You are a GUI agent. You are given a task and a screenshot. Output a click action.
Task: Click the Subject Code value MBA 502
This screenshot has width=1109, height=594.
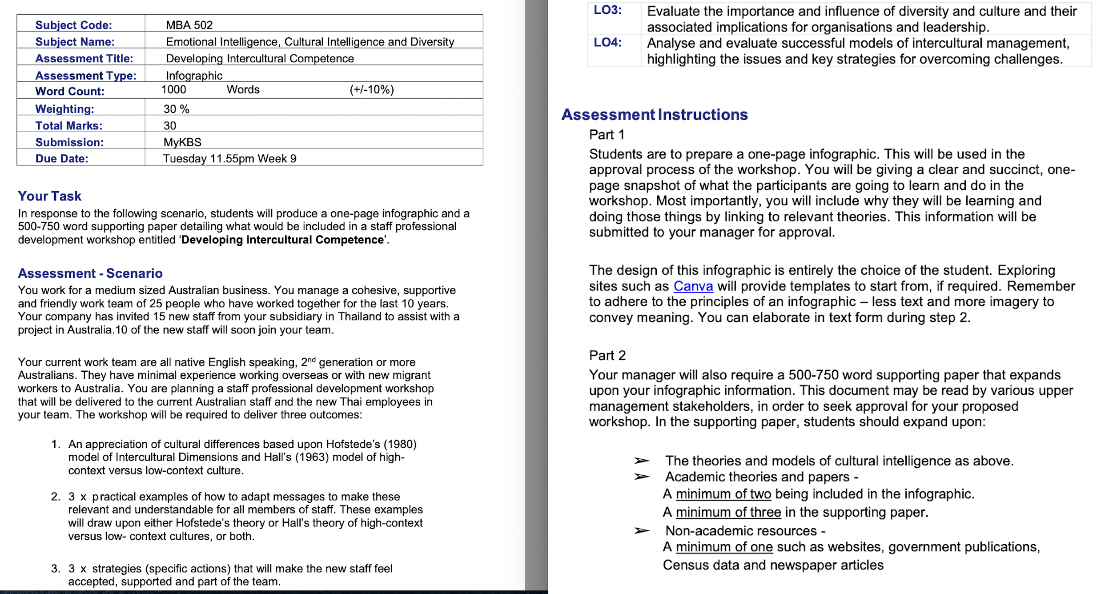click(x=189, y=25)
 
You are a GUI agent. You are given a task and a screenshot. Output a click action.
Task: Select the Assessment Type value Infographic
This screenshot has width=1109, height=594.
click(x=194, y=76)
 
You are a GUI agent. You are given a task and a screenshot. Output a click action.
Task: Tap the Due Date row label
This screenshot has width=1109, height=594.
click(x=62, y=159)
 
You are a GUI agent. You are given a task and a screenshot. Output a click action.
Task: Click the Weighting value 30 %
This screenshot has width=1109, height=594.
click(x=176, y=109)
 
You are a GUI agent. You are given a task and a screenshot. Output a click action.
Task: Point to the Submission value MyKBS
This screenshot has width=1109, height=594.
click(x=182, y=142)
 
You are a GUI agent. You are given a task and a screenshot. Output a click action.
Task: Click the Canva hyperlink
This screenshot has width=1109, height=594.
click(x=693, y=286)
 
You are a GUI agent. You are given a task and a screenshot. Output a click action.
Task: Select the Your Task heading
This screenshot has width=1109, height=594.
click(x=49, y=196)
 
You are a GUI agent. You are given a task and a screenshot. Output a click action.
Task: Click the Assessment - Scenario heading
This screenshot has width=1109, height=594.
click(x=90, y=273)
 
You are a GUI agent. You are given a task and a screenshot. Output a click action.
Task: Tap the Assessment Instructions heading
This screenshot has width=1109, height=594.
click(x=655, y=115)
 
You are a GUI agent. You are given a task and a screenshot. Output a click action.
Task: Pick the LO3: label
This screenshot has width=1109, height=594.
click(x=608, y=10)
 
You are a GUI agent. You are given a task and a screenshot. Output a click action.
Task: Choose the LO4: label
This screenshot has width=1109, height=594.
click(x=608, y=43)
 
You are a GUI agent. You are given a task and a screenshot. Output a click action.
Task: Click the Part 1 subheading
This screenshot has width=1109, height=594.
click(x=607, y=135)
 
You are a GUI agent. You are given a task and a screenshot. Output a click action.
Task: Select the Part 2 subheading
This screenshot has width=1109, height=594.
click(x=607, y=355)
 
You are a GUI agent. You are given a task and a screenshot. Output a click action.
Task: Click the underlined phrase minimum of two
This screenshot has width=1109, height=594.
click(x=723, y=494)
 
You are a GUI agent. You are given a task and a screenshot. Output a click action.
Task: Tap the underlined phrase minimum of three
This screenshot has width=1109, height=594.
click(x=728, y=513)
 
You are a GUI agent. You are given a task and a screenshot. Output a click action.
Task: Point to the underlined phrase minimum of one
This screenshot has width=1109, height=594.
click(x=724, y=547)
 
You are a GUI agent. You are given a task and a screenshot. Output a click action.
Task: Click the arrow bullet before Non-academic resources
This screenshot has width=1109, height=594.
click(x=642, y=531)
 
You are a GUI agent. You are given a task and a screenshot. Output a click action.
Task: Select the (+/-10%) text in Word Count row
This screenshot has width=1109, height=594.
click(x=372, y=90)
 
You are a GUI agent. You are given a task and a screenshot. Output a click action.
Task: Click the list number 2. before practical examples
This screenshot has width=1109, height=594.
click(x=56, y=497)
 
